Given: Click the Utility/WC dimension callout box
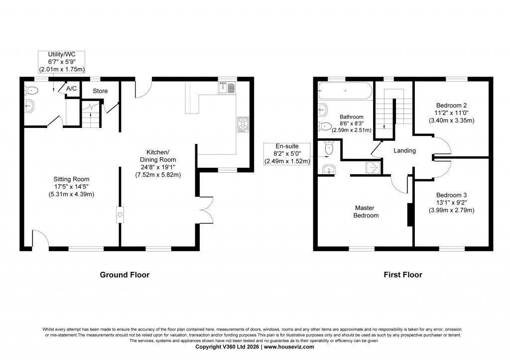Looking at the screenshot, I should click(63, 62).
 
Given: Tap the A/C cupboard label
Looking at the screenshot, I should click(72, 89).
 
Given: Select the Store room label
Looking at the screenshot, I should click(100, 91).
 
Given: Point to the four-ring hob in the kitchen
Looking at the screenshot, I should click(243, 123).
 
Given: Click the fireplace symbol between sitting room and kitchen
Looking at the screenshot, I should click(120, 215).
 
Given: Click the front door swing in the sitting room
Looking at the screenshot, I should click(40, 238).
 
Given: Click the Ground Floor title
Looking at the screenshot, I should click(125, 274).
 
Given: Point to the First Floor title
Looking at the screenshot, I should click(403, 274).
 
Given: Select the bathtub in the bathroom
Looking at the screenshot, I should click(344, 92).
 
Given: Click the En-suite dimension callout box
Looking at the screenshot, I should click(286, 154).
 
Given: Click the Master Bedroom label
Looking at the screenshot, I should click(367, 212).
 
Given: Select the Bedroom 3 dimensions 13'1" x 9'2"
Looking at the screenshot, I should click(451, 203).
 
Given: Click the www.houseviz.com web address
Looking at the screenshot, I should click(289, 347).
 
